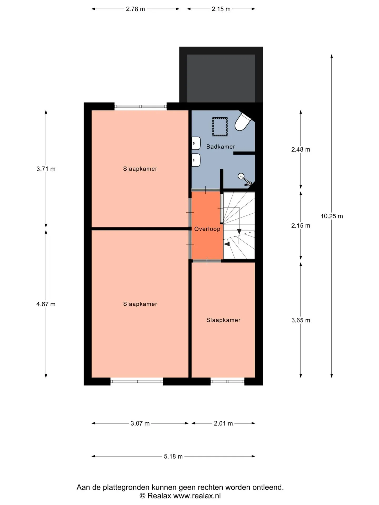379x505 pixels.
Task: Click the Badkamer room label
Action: click(x=221, y=147)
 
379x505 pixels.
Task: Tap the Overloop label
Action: click(x=207, y=229)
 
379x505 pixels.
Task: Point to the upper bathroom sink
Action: click(x=196, y=143)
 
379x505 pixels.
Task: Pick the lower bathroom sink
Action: click(x=196, y=160)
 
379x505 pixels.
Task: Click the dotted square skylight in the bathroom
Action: click(x=220, y=127)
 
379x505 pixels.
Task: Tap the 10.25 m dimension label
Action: click(x=332, y=216)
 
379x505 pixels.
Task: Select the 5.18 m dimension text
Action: click(x=173, y=456)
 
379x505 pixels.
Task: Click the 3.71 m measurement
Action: click(x=46, y=169)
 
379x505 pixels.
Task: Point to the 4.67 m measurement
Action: click(x=46, y=304)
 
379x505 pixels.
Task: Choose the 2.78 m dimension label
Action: click(x=136, y=9)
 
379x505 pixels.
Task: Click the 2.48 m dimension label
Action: click(x=301, y=149)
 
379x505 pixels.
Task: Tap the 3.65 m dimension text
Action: click(x=301, y=320)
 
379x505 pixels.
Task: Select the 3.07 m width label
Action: click(x=140, y=423)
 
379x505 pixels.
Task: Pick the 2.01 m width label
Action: click(x=223, y=423)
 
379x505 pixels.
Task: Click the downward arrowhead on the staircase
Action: click(x=239, y=231)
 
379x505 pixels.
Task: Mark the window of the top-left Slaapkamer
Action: click(x=141, y=107)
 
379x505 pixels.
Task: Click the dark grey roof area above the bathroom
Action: click(x=221, y=78)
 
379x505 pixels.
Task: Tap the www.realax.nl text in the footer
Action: click(x=197, y=496)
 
